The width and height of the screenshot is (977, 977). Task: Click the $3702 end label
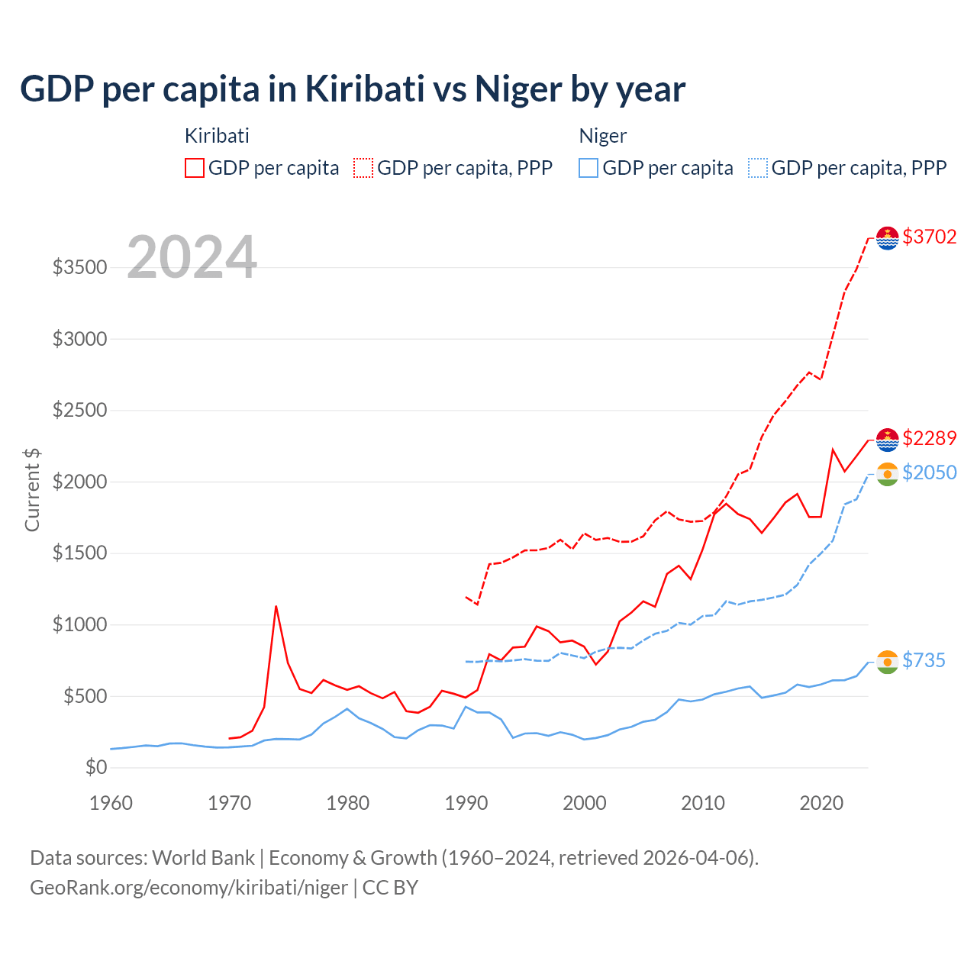click(x=929, y=237)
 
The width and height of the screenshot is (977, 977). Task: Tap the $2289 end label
click(x=929, y=438)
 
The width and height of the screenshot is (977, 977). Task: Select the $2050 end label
click(x=929, y=472)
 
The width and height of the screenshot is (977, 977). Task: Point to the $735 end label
click(x=924, y=660)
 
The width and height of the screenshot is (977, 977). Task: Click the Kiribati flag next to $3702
click(x=888, y=238)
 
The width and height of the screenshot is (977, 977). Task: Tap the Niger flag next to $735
click(x=888, y=662)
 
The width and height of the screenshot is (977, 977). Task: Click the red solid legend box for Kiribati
click(x=195, y=168)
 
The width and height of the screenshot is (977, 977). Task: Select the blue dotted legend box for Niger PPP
click(x=758, y=168)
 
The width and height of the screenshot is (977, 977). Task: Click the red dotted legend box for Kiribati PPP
click(x=363, y=168)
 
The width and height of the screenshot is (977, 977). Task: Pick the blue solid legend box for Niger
click(x=588, y=168)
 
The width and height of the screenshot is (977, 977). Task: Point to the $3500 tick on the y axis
click(x=79, y=268)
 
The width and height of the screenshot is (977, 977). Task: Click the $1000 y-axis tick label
click(x=79, y=625)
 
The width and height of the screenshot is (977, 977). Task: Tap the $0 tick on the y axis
click(x=95, y=767)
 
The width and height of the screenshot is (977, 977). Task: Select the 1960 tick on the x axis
click(x=111, y=803)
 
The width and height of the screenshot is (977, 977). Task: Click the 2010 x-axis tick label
click(x=703, y=803)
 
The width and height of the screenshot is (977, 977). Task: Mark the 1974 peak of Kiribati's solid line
click(x=276, y=607)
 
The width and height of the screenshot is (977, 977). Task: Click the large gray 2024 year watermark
click(x=192, y=257)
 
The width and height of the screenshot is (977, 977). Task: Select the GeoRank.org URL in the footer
click(x=189, y=888)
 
